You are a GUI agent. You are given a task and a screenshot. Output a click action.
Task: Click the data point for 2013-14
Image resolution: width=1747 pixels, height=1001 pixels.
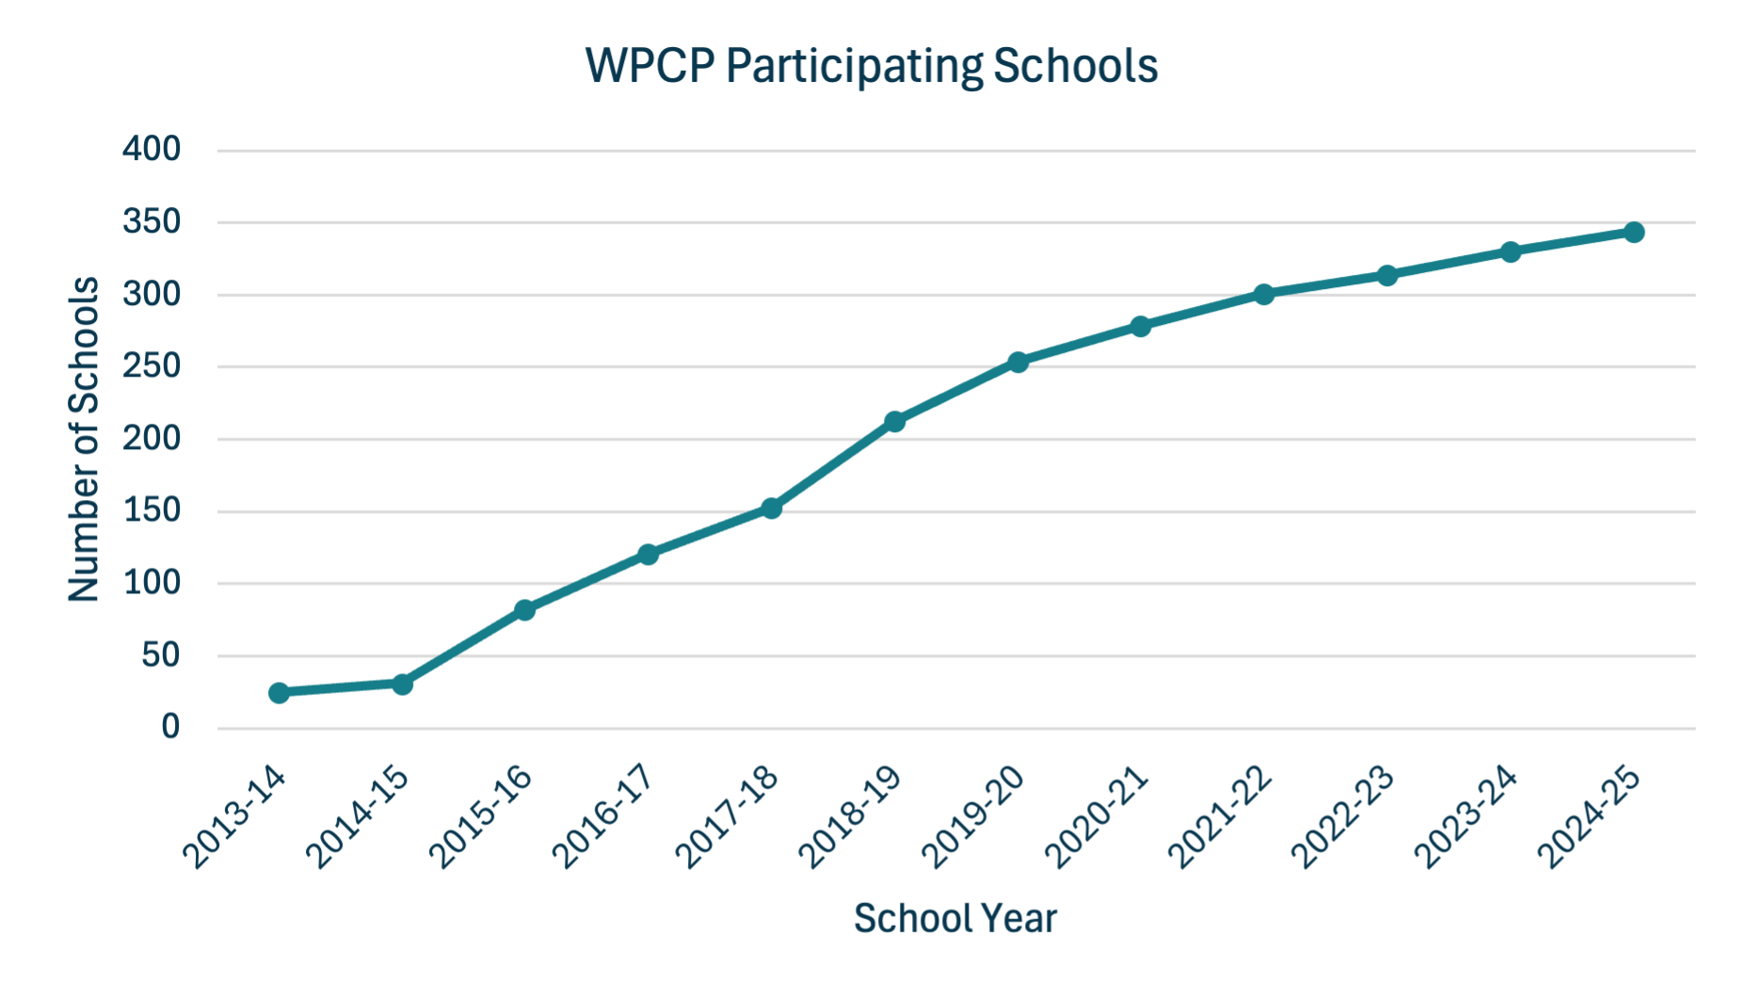point(279,693)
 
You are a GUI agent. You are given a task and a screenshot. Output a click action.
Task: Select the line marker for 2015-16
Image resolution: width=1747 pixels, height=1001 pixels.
point(525,610)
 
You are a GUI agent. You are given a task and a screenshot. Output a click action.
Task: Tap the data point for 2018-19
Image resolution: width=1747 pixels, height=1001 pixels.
point(895,421)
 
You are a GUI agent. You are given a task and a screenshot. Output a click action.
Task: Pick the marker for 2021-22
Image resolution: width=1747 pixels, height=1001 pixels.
point(1264,295)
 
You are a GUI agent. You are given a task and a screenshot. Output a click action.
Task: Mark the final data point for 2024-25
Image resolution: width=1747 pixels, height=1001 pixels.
point(1634,233)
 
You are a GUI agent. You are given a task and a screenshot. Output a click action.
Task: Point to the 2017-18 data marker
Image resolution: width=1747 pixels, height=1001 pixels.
point(772,509)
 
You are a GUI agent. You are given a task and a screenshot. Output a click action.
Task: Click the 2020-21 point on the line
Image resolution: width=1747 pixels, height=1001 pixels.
point(1141,327)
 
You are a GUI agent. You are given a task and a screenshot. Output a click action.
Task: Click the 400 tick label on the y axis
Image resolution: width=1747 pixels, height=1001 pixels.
point(152,149)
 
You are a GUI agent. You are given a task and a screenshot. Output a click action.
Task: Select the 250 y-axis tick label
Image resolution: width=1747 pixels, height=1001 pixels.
point(152,365)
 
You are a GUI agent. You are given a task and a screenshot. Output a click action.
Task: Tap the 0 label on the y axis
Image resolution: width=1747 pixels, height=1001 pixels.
point(170,727)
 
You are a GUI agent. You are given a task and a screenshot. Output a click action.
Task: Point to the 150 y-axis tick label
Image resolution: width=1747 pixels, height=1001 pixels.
point(152,510)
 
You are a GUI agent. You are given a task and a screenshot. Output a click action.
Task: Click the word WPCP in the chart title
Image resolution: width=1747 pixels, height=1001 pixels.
point(649,66)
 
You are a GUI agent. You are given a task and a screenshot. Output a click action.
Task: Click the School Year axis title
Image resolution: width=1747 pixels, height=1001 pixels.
point(955,918)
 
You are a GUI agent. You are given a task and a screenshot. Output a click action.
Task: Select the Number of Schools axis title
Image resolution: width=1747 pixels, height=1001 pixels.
point(84,439)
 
